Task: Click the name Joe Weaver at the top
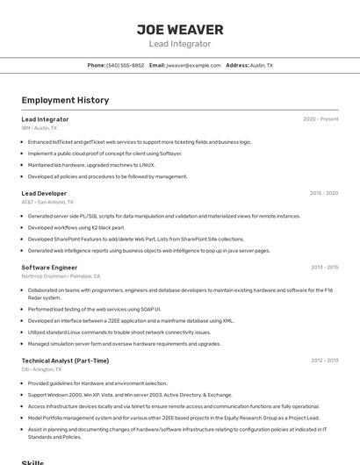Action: click(180, 30)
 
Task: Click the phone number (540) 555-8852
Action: click(125, 65)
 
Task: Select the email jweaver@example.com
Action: click(193, 65)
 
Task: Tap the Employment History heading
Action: click(65, 100)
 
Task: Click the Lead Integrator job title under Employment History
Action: click(45, 119)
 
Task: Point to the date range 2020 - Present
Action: click(320, 119)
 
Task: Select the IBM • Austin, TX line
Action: click(39, 128)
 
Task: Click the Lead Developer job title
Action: click(44, 193)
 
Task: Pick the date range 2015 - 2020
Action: click(324, 193)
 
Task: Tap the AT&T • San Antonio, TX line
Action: click(47, 202)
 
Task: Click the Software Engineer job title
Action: click(49, 267)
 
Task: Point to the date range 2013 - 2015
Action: click(324, 267)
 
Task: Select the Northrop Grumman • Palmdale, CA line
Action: click(61, 275)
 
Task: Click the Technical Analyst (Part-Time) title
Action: click(65, 361)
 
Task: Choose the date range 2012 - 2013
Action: click(324, 361)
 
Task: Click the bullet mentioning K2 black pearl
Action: click(76, 227)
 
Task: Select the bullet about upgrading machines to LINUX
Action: click(91, 164)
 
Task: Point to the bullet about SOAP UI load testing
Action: click(95, 309)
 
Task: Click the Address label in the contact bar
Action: click(237, 65)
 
